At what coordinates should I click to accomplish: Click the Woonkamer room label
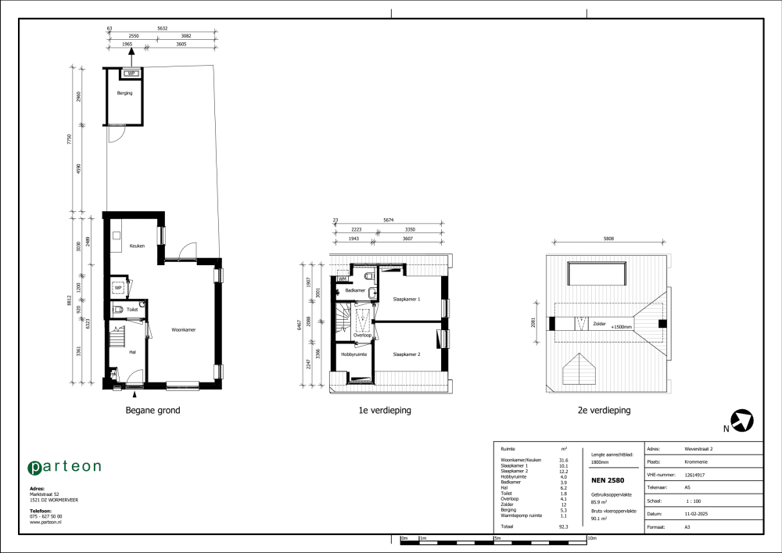click(184, 330)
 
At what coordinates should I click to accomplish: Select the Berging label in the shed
click(124, 93)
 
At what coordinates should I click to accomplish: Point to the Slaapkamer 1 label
click(407, 300)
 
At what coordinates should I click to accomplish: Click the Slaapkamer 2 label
click(407, 354)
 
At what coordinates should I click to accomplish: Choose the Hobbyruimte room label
click(353, 354)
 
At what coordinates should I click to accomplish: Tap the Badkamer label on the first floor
click(356, 290)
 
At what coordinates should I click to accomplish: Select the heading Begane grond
click(153, 410)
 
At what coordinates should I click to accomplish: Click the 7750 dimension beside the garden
click(70, 139)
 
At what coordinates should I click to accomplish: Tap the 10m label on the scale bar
click(592, 538)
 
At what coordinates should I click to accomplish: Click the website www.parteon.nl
click(45, 522)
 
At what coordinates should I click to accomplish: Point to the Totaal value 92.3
click(564, 527)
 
